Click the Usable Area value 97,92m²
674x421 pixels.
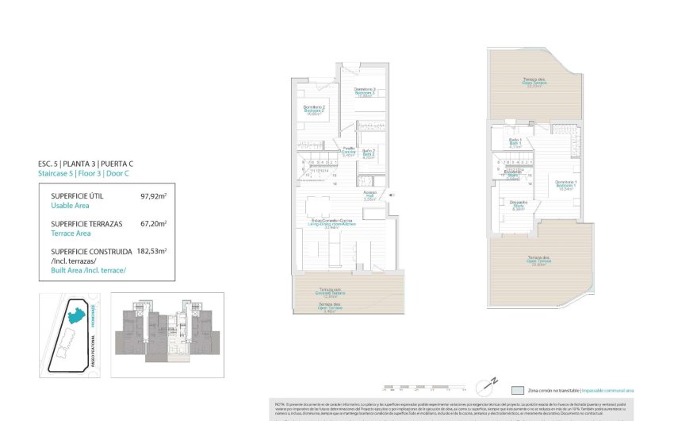(153, 195)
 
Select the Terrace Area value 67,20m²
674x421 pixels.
(153, 224)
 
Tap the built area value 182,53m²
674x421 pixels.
(151, 252)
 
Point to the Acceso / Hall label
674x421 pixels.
(370, 195)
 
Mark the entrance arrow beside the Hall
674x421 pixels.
(392, 194)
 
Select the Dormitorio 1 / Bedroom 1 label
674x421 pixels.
(565, 184)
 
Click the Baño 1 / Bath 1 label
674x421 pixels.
(514, 143)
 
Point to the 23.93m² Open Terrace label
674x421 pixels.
(539, 260)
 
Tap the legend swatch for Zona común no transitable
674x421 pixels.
(517, 390)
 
